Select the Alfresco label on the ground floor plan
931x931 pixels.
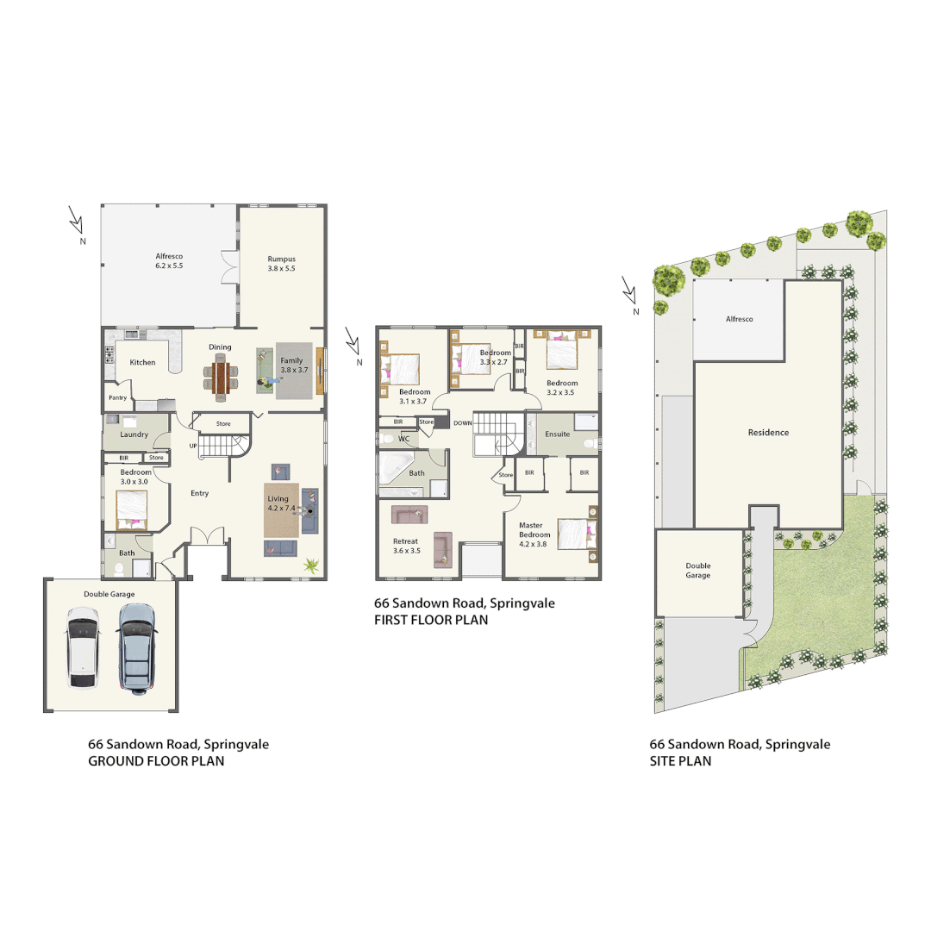pos(169,261)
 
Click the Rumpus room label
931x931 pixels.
pos(282,263)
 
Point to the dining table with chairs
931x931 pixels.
pos(222,377)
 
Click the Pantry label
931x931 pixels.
pos(117,397)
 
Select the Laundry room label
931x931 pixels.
pos(134,434)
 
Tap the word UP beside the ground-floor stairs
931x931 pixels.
pos(193,445)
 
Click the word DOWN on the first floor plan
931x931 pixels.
pos(462,423)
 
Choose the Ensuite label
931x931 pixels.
pos(557,434)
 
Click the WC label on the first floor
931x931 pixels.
pos(403,439)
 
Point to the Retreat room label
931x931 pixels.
pos(405,546)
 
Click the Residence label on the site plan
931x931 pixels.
pos(768,433)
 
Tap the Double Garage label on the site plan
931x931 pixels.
pos(698,571)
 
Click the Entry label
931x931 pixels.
pos(199,493)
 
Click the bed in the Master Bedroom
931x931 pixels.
pos(576,533)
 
